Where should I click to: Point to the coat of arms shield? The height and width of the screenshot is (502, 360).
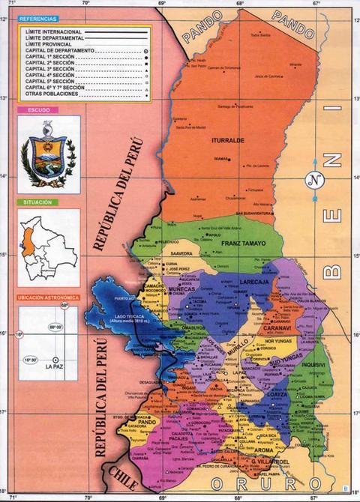(46, 155)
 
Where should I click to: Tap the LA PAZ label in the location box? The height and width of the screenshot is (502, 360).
(53, 366)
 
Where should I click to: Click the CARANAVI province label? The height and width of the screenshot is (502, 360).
(277, 328)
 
